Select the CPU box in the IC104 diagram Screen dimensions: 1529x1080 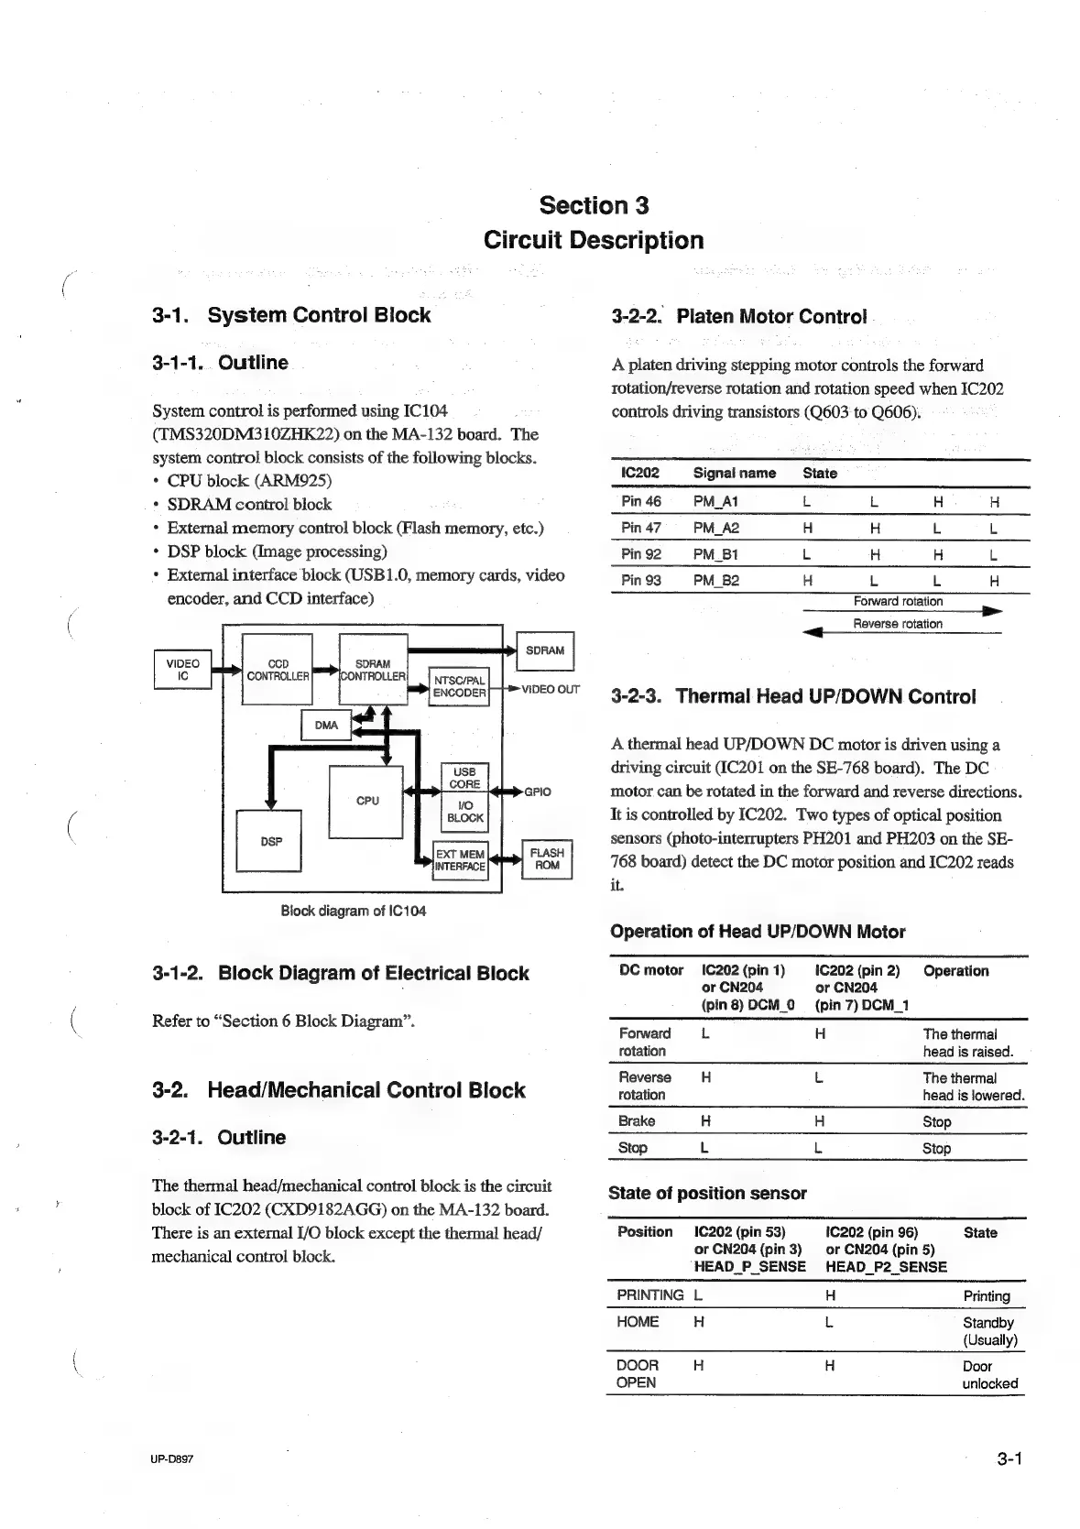[x=366, y=800]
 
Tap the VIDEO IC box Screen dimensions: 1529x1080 [x=182, y=670]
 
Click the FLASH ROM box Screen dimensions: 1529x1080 [x=547, y=859]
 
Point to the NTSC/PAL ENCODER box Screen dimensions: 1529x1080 [x=459, y=687]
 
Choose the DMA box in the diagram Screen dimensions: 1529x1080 [x=326, y=725]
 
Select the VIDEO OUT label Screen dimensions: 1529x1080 [x=550, y=689]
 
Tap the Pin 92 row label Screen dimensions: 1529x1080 [x=640, y=554]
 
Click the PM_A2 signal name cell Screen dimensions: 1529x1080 [x=715, y=528]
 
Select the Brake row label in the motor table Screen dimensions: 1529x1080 [x=637, y=1120]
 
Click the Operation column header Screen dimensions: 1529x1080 [x=955, y=970]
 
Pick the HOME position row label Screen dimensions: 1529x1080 [x=638, y=1321]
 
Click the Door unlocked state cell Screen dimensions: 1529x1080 [x=989, y=1374]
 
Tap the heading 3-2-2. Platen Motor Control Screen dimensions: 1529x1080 [x=738, y=317]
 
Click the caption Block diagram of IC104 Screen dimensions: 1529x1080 [x=353, y=911]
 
